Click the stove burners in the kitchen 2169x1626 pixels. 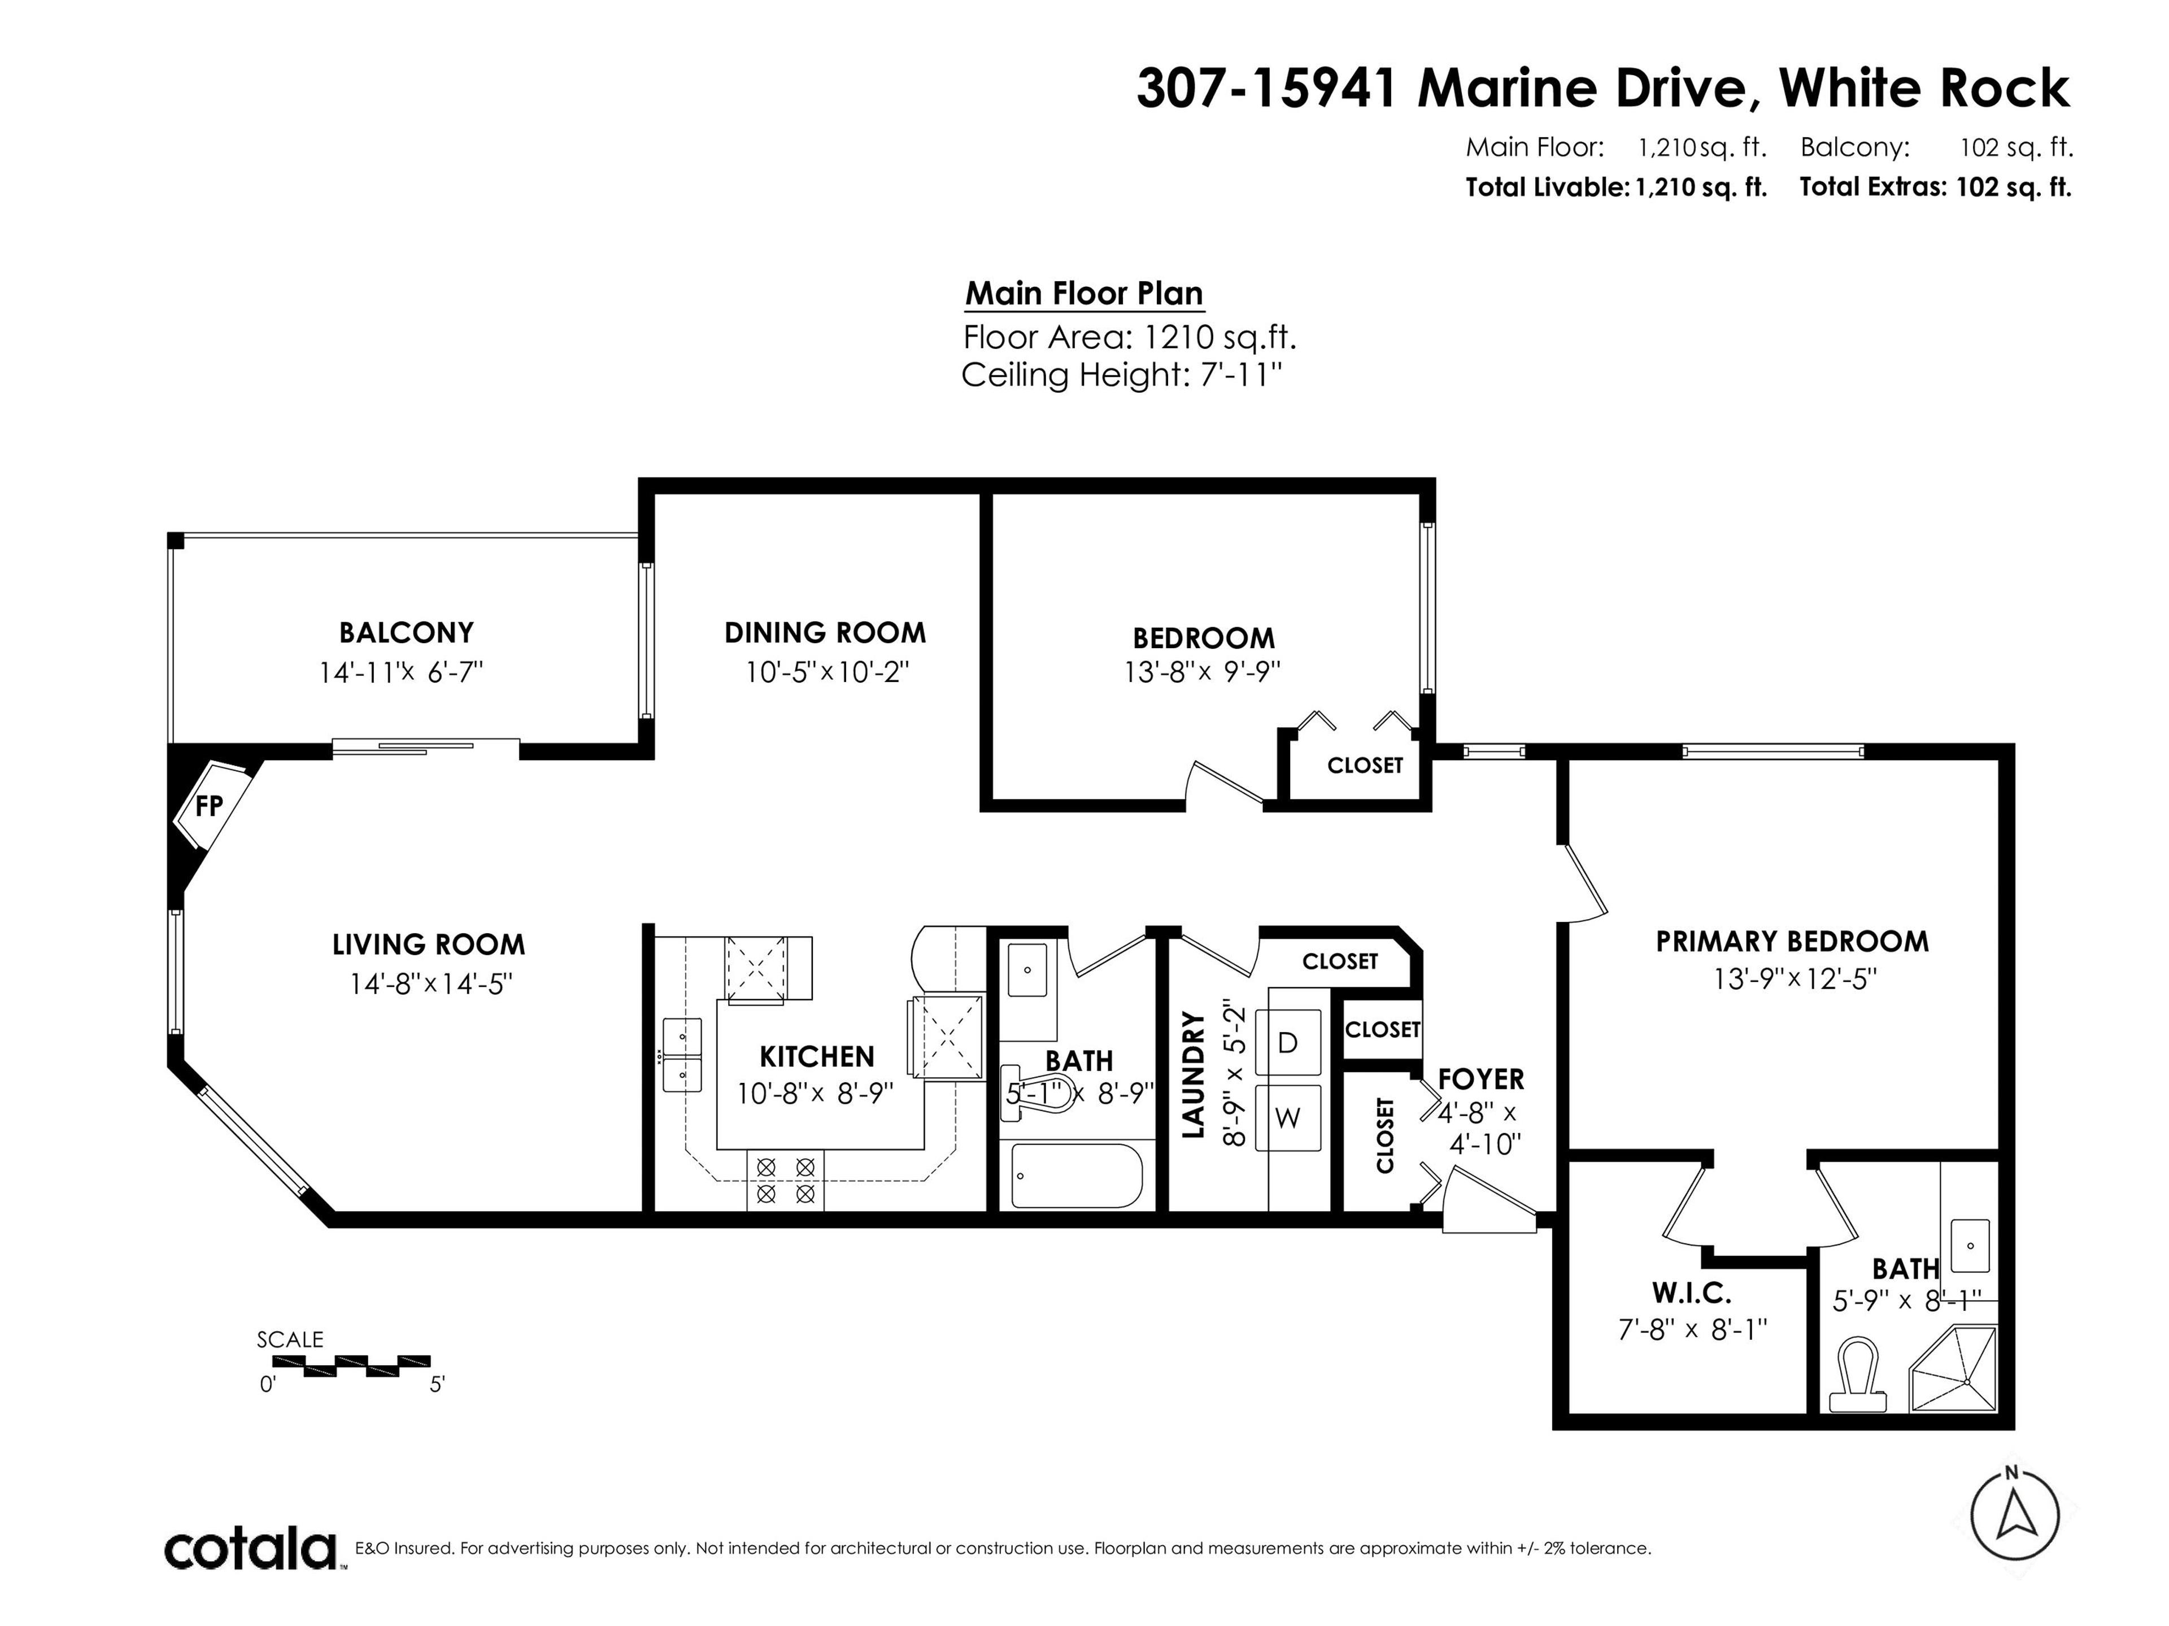[x=786, y=1180]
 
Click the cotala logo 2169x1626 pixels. [x=250, y=1550]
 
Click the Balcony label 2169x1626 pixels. [x=406, y=632]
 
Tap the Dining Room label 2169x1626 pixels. [x=825, y=632]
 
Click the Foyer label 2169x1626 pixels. [x=1480, y=1079]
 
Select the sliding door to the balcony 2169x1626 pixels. [x=425, y=749]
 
